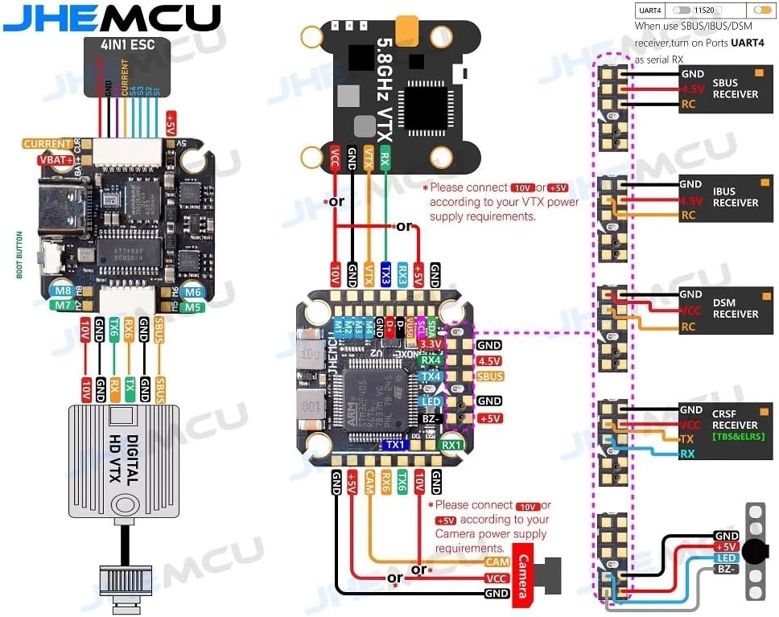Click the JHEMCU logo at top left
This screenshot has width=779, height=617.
pyautogui.click(x=110, y=17)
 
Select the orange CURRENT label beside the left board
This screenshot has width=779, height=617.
pyautogui.click(x=47, y=144)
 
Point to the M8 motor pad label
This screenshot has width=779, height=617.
pyautogui.click(x=61, y=291)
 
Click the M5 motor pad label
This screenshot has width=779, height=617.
pyautogui.click(x=191, y=306)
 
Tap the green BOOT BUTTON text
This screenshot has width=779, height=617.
pyautogui.click(x=19, y=255)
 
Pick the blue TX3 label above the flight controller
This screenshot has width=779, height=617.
pyautogui.click(x=385, y=274)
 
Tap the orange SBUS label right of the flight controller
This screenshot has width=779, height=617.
pyautogui.click(x=489, y=376)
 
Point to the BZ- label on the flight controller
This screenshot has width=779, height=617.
pyautogui.click(x=431, y=419)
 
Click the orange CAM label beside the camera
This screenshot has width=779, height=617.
pyautogui.click(x=497, y=562)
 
